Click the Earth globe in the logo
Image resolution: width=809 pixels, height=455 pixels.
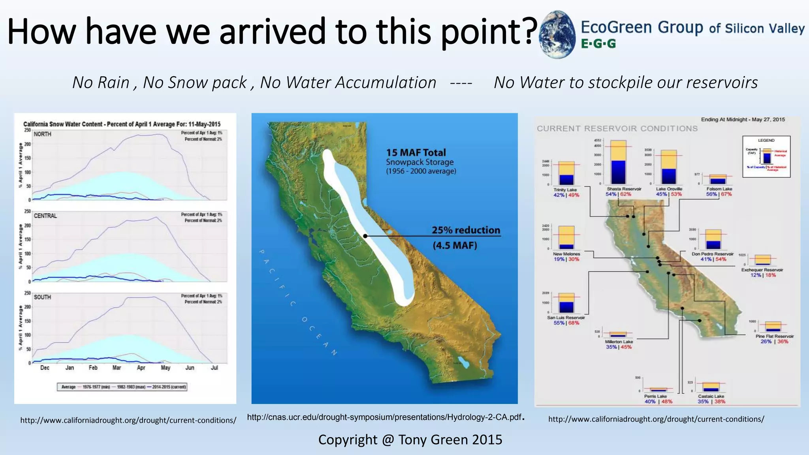pos(557,35)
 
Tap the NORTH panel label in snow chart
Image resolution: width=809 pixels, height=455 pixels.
pos(42,134)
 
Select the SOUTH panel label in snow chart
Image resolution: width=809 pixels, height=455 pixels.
pos(42,297)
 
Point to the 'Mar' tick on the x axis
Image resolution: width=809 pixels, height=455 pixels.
pos(117,368)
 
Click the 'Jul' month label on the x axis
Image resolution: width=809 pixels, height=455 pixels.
pos(214,368)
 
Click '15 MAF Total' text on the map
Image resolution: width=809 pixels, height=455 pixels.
pos(416,152)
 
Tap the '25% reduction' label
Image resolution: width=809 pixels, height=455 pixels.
pos(465,230)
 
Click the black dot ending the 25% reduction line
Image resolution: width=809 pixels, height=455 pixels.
pos(365,236)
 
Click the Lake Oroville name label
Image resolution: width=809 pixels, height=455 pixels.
pos(669,189)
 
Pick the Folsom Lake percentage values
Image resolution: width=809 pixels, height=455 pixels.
pos(719,194)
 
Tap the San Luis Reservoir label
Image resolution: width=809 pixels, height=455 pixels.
pos(566,318)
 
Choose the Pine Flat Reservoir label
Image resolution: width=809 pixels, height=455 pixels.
pos(774,336)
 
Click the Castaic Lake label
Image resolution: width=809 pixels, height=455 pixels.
pos(711,396)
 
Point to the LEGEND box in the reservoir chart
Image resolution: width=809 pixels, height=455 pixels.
pos(766,156)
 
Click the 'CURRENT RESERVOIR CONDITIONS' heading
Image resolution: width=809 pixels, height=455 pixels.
pos(617,129)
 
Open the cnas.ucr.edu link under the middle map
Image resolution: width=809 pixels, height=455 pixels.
pos(384,417)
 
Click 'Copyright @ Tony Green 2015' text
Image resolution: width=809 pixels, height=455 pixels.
pos(410,440)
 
